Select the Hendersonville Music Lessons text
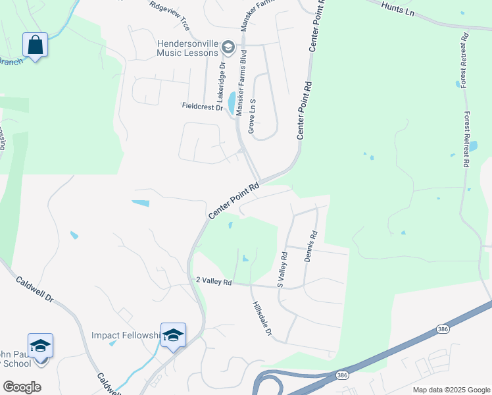[187, 47]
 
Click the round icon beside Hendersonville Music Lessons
[228, 47]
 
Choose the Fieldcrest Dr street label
[202, 106]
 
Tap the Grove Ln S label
[251, 116]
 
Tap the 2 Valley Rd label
[214, 281]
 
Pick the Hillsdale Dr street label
[260, 319]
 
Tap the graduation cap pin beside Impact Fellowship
[173, 335]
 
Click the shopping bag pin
[36, 45]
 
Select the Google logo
[22, 386]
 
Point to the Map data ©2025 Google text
[451, 390]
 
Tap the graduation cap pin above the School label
[40, 346]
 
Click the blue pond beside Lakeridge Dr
[232, 103]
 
